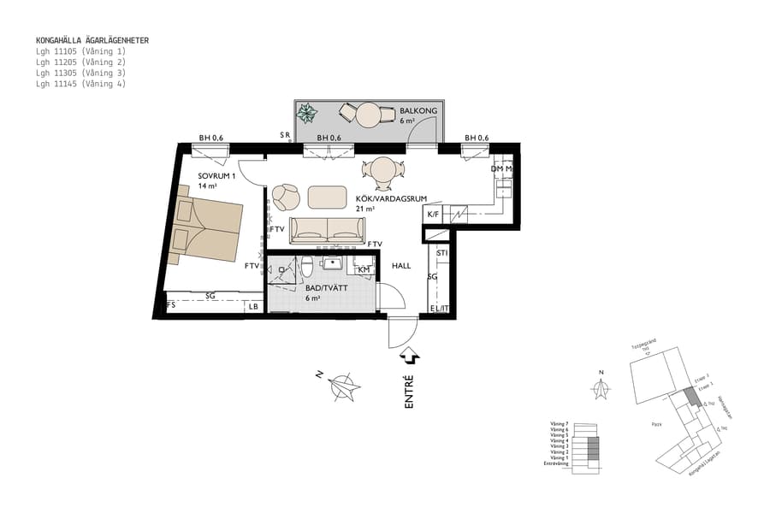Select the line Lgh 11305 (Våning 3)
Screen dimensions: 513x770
pyautogui.click(x=80, y=74)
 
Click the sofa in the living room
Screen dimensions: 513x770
pyautogui.click(x=328, y=230)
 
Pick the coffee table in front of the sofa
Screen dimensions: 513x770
pyautogui.click(x=328, y=197)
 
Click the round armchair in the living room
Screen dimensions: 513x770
pyautogui.click(x=287, y=198)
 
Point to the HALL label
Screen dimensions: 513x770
pyautogui.click(x=402, y=266)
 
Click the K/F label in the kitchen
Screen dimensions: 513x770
pyautogui.click(x=433, y=215)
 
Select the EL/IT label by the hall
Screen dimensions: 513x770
pyautogui.click(x=438, y=309)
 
